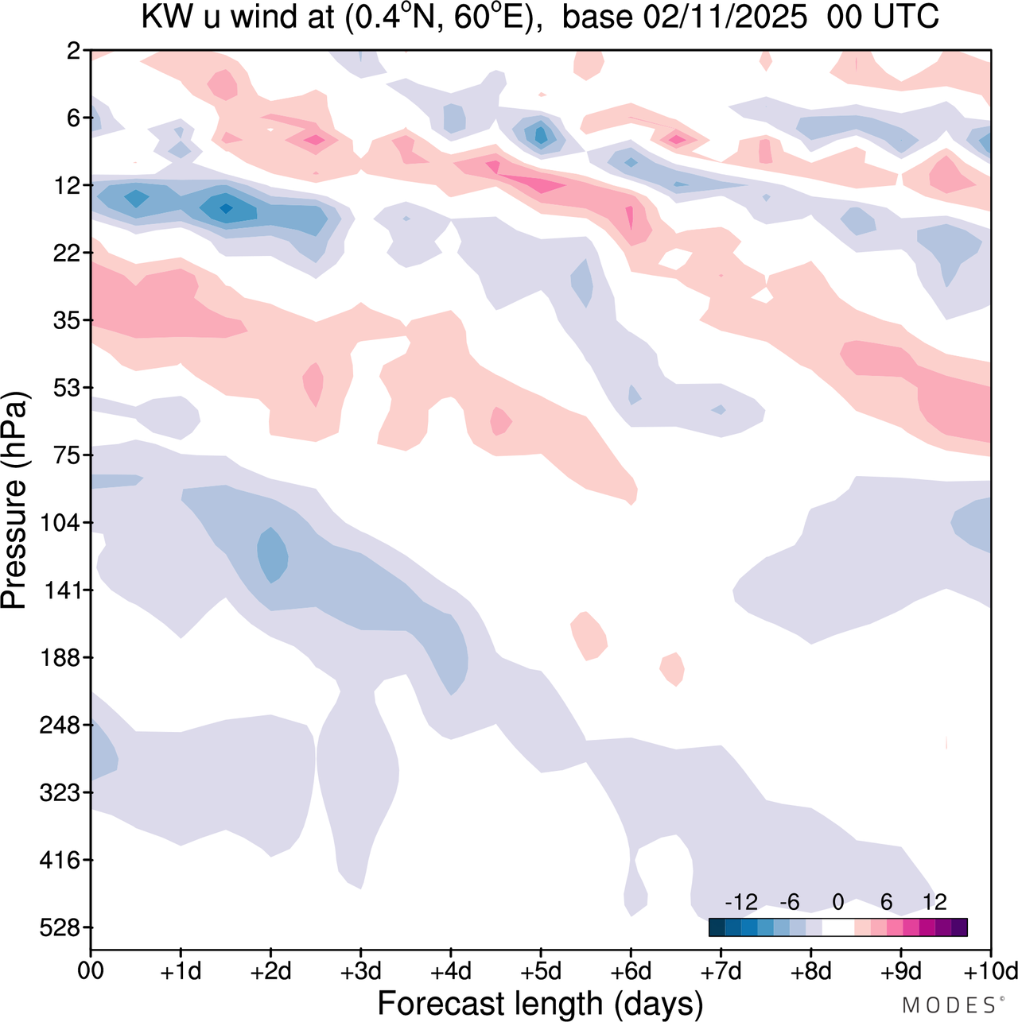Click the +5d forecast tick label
click(x=541, y=971)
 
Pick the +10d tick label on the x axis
click(x=989, y=971)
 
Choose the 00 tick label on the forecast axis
click(x=91, y=971)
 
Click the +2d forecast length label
click(x=271, y=971)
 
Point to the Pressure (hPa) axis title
click(x=14, y=501)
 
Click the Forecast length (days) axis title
click(x=540, y=1004)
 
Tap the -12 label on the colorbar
click(x=740, y=902)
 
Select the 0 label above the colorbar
click(x=838, y=902)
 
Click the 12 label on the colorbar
click(x=935, y=902)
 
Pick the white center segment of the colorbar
click(x=838, y=927)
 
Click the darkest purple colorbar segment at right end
click(x=959, y=927)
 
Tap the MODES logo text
click(x=948, y=1005)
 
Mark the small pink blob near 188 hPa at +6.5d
click(x=673, y=668)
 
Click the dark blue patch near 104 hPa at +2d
click(x=273, y=554)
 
